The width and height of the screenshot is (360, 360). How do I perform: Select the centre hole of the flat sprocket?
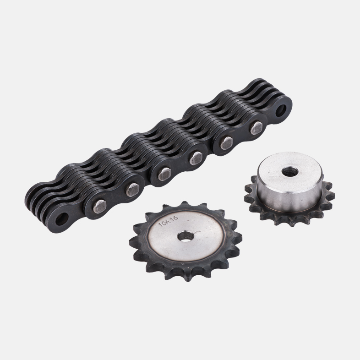[x=185, y=236]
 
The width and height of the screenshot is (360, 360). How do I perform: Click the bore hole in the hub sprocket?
[x=290, y=171]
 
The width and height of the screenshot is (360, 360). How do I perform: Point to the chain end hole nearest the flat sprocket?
[x=62, y=219]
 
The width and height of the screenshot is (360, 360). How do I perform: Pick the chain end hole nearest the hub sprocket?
[x=281, y=110]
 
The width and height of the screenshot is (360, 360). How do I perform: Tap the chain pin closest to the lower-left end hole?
[x=100, y=207]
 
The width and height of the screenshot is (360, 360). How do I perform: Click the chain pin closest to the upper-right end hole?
[x=256, y=128]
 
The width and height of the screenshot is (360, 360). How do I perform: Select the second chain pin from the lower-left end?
[x=132, y=190]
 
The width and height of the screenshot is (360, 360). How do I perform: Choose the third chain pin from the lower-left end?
[x=164, y=174]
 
